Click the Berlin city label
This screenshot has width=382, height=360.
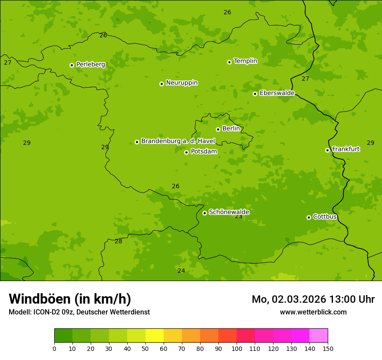(x=231, y=129)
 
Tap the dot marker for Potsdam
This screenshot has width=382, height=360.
(x=186, y=152)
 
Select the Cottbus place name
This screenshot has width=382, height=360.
(x=325, y=217)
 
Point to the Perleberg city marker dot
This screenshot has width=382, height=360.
(x=72, y=65)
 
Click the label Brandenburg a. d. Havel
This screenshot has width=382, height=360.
(x=178, y=141)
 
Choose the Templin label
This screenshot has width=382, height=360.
(x=245, y=61)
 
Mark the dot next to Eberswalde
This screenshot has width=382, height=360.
(x=255, y=94)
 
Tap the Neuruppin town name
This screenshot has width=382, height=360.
(x=181, y=83)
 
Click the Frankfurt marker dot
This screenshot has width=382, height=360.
(x=327, y=150)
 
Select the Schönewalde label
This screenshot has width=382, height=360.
(x=229, y=212)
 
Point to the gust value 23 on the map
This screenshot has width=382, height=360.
(x=238, y=216)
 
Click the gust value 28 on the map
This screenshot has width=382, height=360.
(x=118, y=242)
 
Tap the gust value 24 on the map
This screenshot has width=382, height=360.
(x=181, y=271)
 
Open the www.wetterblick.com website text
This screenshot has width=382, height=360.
(x=313, y=312)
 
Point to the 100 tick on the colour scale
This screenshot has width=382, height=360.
(x=237, y=348)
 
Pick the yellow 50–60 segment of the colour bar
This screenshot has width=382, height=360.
(x=154, y=336)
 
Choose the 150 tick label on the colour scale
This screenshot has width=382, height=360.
(x=328, y=348)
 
